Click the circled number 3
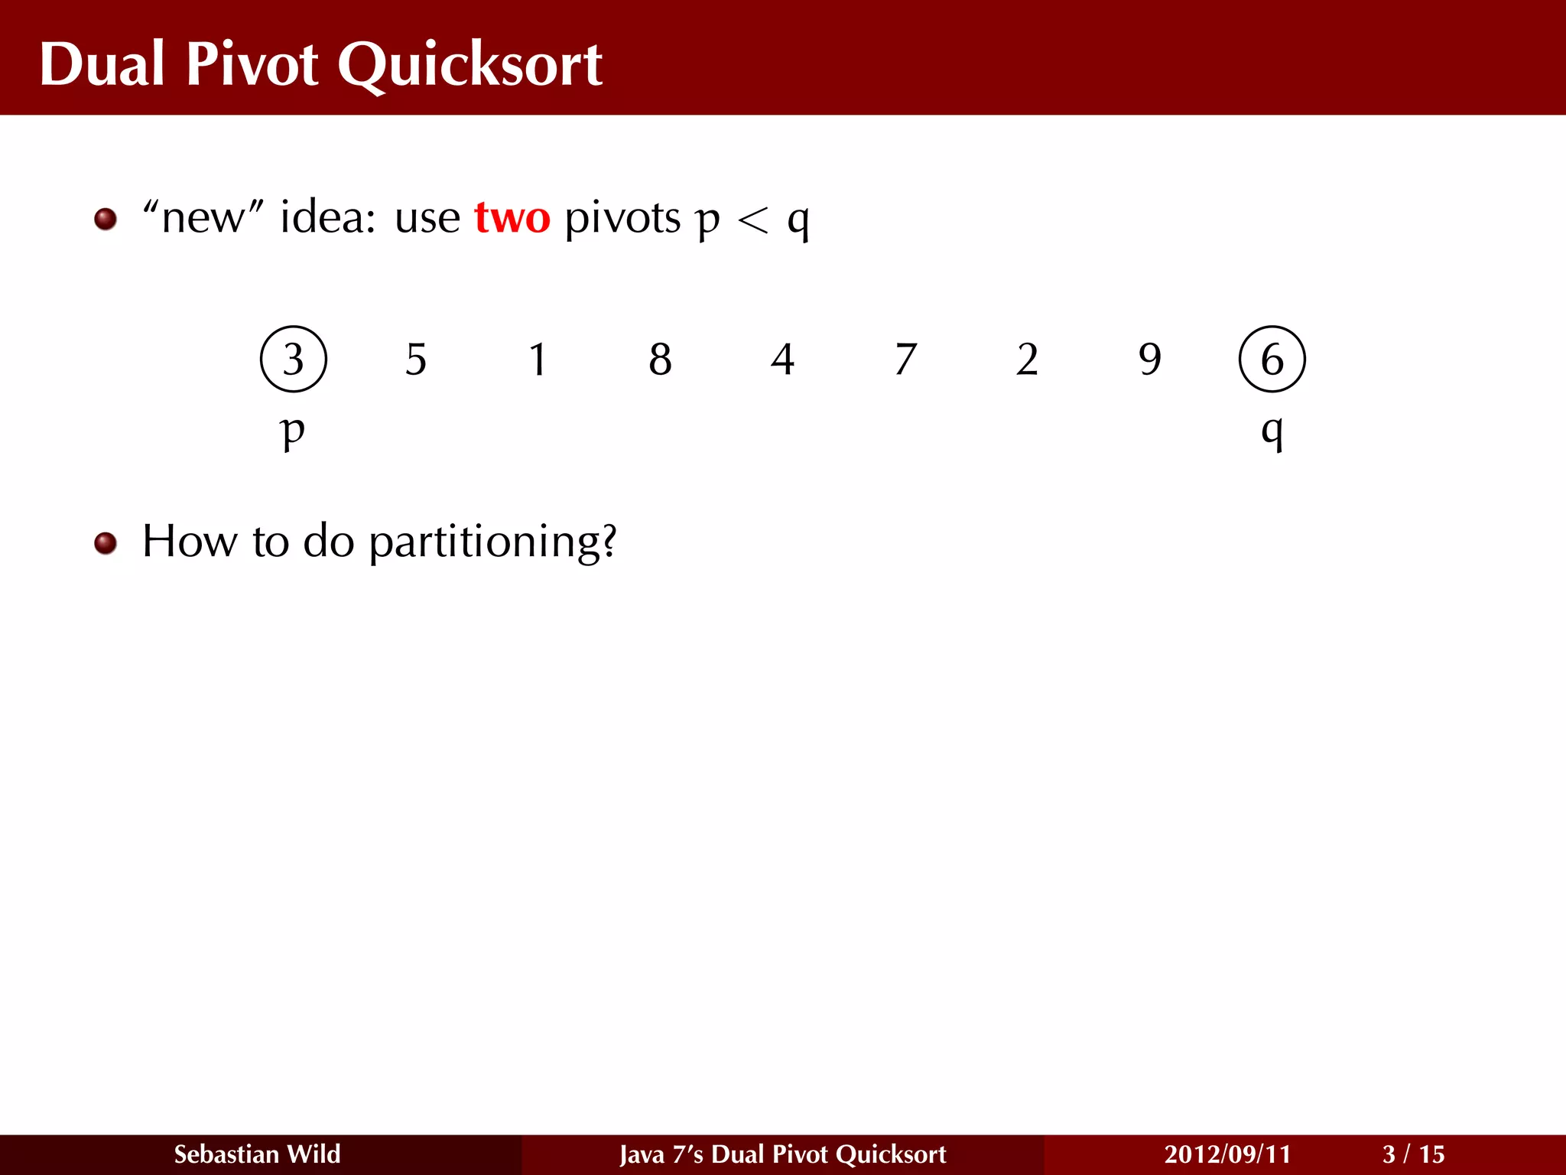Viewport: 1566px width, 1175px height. click(x=294, y=359)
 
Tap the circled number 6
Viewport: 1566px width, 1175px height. click(x=1272, y=359)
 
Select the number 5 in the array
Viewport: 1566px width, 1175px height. click(x=416, y=359)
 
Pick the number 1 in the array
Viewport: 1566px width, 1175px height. click(x=538, y=359)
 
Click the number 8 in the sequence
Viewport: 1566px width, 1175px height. click(x=661, y=359)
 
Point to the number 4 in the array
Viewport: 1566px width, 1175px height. click(x=783, y=359)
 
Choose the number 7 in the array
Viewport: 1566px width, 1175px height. click(x=905, y=359)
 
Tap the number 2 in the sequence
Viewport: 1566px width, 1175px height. click(x=1027, y=359)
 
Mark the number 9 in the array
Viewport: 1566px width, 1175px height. click(x=1149, y=359)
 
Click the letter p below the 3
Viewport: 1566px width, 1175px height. click(x=293, y=431)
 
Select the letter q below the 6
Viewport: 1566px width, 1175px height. click(x=1272, y=431)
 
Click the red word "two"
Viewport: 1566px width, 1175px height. click(x=512, y=218)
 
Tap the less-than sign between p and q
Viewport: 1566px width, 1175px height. click(x=752, y=221)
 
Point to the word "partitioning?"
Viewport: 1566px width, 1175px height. click(x=492, y=543)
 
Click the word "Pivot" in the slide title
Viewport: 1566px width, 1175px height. click(x=252, y=64)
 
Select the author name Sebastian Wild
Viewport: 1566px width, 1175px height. click(x=257, y=1154)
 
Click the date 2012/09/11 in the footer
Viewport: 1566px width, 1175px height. click(x=1227, y=1154)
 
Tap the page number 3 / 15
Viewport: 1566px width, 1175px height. click(x=1413, y=1154)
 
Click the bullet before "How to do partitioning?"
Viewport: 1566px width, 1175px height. click(x=106, y=543)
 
